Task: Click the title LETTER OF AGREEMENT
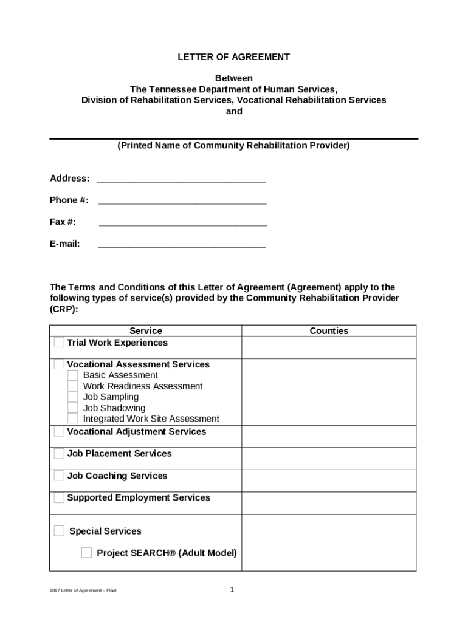[233, 57]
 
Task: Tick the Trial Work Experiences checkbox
[58, 343]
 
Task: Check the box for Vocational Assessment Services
[58, 364]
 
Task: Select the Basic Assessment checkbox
[72, 375]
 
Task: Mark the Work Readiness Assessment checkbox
[72, 386]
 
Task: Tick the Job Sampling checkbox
[72, 397]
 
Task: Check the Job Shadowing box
[72, 408]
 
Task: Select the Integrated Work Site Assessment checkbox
[72, 419]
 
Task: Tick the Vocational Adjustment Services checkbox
[58, 432]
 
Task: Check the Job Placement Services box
[58, 454]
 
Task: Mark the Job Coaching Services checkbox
[58, 476]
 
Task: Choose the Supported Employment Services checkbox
[58, 498]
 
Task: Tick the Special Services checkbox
[58, 531]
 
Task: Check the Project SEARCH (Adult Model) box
[86, 553]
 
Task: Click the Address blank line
[181, 180]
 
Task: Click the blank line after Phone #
[182, 202]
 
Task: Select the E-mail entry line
[182, 245]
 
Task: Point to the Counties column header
[329, 331]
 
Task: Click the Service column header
[146, 331]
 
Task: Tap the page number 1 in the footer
[232, 590]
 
